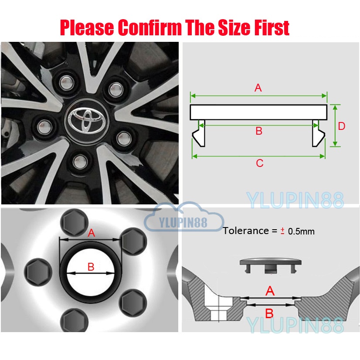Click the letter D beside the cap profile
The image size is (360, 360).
coord(341,126)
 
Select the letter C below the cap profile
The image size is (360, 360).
coord(260,163)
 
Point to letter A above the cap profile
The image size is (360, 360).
coord(258,88)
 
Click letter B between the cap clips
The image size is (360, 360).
coord(259,131)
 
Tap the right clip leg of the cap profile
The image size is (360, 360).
coord(318,136)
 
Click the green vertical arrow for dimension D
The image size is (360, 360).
coord(335,126)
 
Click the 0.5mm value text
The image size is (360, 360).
coord(301,231)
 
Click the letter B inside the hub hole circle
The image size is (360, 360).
coord(91,267)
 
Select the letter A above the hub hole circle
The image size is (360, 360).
coord(91,233)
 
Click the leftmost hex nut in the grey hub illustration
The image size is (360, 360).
coord(35,271)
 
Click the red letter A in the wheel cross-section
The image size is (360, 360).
coord(270,291)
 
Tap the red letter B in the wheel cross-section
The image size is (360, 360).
coord(269,312)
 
